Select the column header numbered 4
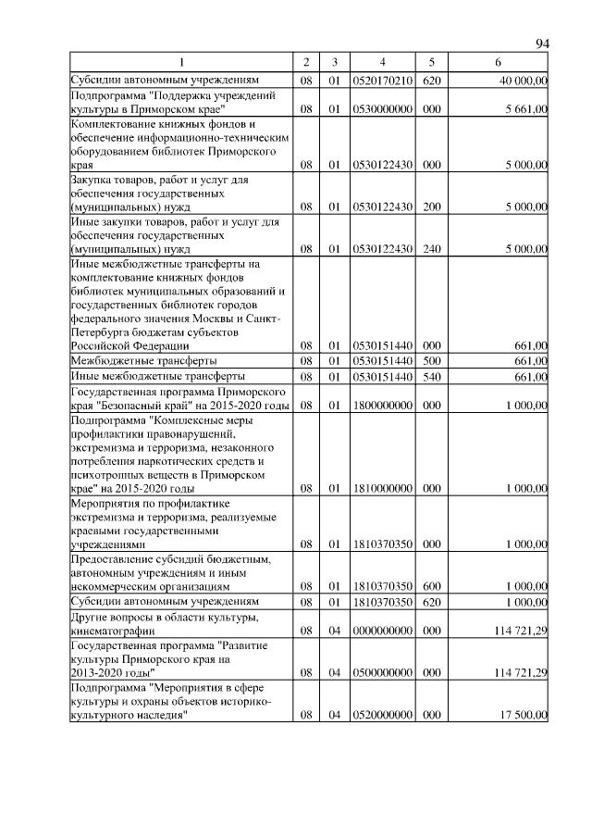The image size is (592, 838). click(x=382, y=62)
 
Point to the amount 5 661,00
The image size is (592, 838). click(x=524, y=109)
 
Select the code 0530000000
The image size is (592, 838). click(x=382, y=109)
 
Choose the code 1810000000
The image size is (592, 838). click(x=382, y=488)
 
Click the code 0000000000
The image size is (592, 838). click(x=382, y=632)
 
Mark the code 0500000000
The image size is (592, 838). click(x=382, y=673)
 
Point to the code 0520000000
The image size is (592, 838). click(x=382, y=715)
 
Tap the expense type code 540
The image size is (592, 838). click(x=430, y=377)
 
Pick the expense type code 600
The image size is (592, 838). click(x=430, y=586)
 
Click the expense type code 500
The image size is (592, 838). click(x=430, y=360)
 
